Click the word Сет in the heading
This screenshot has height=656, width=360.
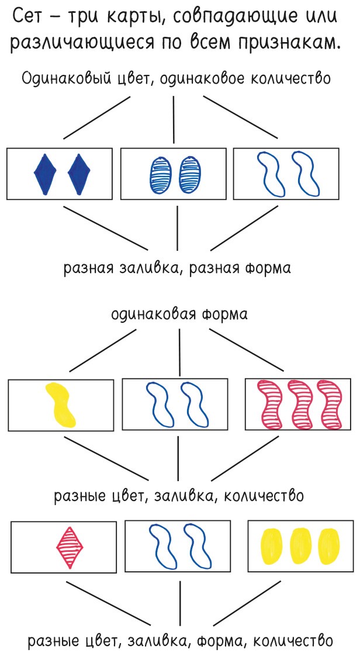coord(35,18)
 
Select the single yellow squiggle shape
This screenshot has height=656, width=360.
coord(60,404)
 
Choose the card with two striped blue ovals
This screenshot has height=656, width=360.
coord(173,174)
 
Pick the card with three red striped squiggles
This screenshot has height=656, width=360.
coord(299,405)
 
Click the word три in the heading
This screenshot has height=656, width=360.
coord(83,18)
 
